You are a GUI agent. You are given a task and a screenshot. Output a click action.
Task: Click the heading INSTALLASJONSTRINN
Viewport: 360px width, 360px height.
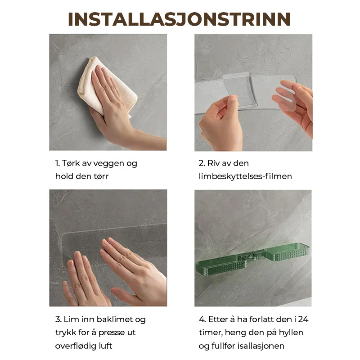(179, 19)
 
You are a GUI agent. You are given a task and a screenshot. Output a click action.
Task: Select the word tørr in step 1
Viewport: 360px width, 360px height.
(101, 176)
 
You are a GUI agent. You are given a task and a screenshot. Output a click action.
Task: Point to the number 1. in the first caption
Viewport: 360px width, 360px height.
(58, 163)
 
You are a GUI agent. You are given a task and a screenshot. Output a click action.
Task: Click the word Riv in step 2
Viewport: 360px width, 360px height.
(213, 163)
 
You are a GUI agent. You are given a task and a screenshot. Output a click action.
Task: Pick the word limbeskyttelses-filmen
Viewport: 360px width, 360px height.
(245, 176)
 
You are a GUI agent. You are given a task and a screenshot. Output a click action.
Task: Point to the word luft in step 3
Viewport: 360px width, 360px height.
(106, 346)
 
